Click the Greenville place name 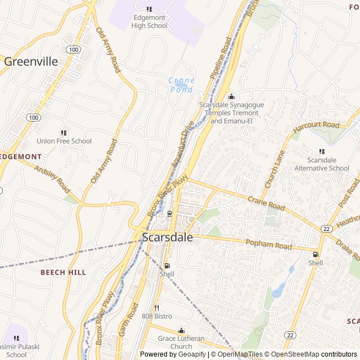(x=31, y=61)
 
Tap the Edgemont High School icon (x=149, y=9)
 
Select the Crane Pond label (x=181, y=85)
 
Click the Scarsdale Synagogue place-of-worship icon (x=231, y=96)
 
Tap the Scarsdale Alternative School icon (x=322, y=151)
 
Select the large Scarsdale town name (x=167, y=237)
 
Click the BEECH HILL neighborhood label (x=63, y=272)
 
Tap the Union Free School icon (x=64, y=132)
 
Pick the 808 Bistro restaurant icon (x=156, y=308)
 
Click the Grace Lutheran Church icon (x=181, y=330)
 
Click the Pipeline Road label (x=220, y=58)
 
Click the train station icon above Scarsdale (x=169, y=213)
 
